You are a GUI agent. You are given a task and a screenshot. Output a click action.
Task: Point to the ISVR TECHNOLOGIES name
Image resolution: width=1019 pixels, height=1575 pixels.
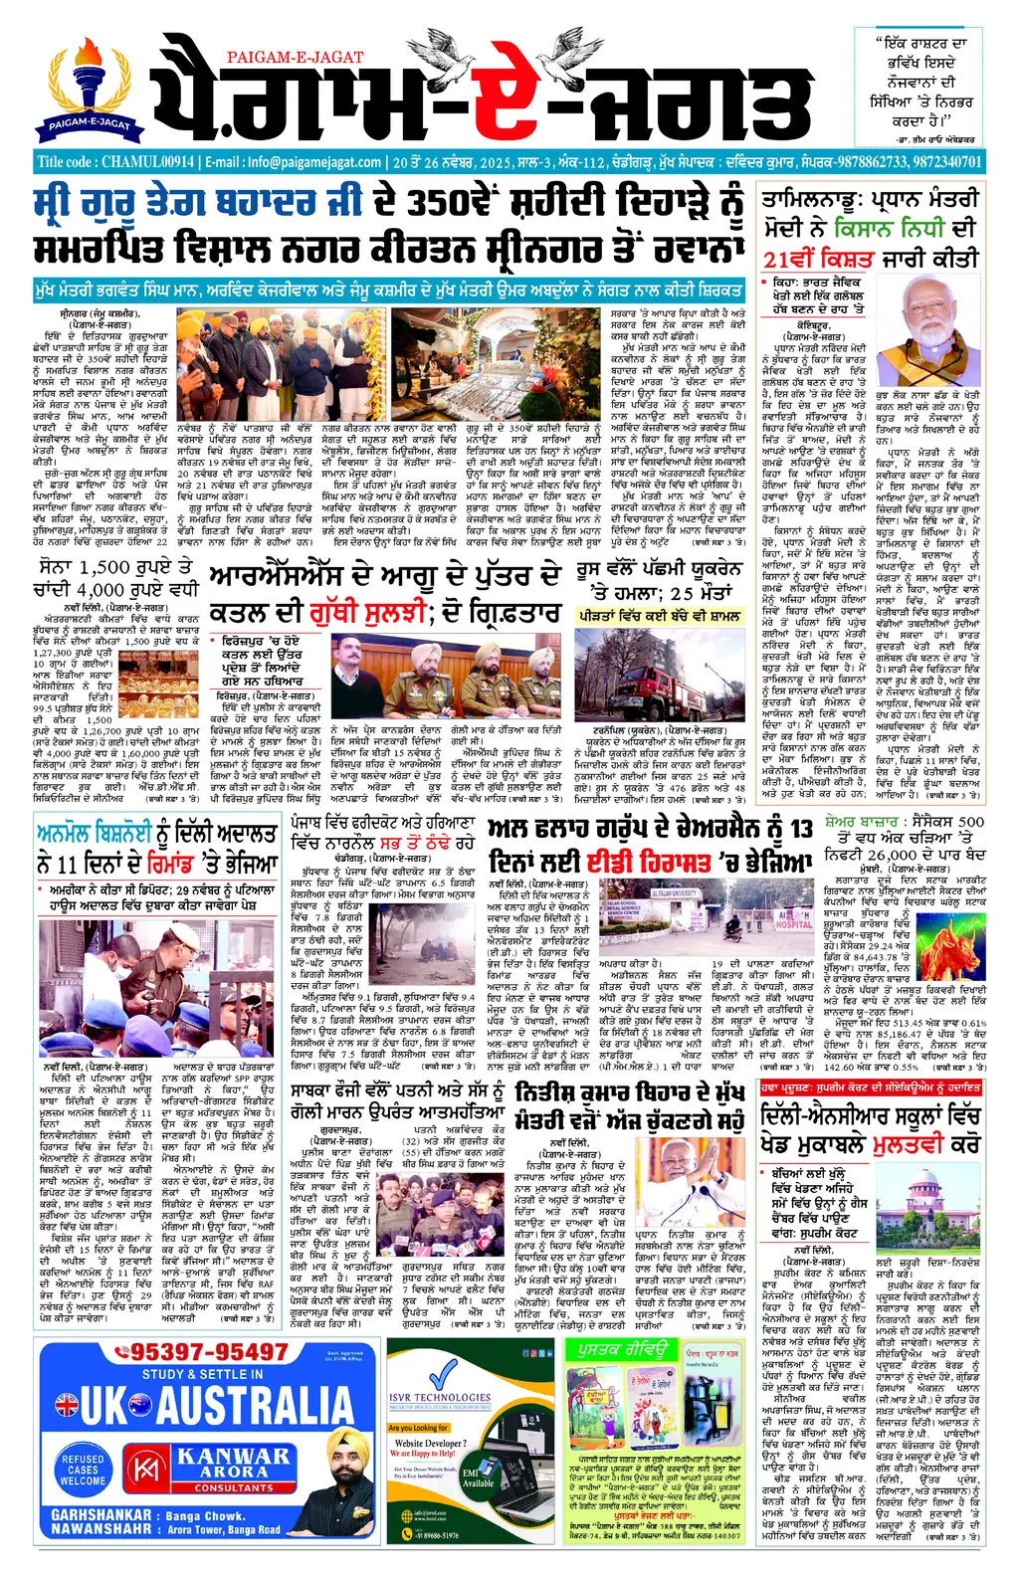coord(439,1398)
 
